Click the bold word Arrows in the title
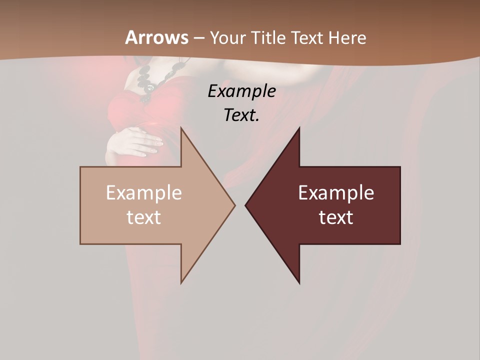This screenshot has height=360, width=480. point(156,37)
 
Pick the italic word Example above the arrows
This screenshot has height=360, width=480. point(241,91)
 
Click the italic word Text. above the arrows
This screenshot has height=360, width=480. point(241,115)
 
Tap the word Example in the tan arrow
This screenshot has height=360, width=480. point(144,192)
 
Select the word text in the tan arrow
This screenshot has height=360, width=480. point(144,217)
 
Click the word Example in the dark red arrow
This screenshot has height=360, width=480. point(336,192)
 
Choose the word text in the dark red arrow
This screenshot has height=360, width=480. point(336,217)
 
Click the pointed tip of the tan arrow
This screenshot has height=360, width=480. point(234,205)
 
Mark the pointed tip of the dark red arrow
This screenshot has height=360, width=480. point(246,205)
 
